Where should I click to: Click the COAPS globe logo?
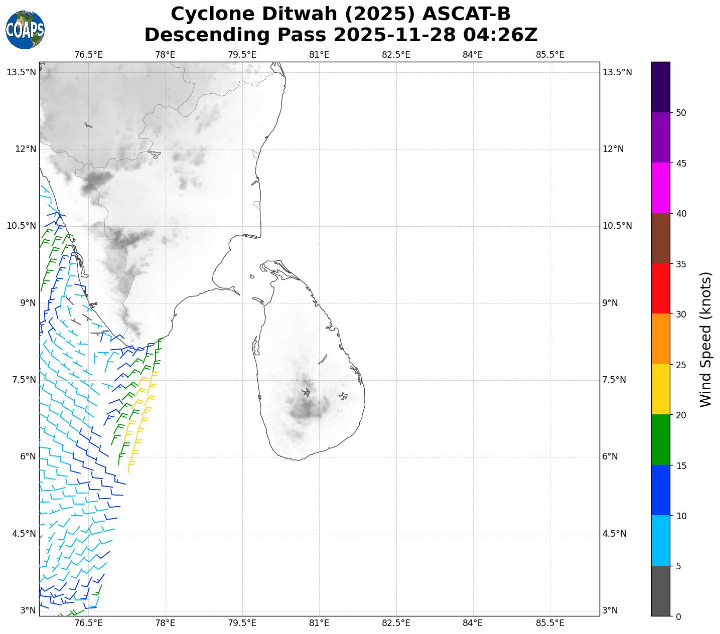(x=25, y=30)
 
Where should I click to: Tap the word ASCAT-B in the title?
(x=466, y=14)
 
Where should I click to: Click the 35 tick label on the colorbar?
(x=681, y=264)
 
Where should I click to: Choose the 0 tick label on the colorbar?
(x=678, y=616)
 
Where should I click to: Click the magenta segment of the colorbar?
(x=660, y=188)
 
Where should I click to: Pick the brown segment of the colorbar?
(x=660, y=238)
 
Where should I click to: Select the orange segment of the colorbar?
(x=660, y=339)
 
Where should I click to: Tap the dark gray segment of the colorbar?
(x=660, y=591)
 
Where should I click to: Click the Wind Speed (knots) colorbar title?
(x=705, y=339)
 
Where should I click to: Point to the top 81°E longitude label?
(x=319, y=55)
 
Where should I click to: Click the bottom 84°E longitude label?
(x=473, y=623)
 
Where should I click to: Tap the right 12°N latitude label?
(x=613, y=149)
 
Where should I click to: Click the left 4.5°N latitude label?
(x=22, y=534)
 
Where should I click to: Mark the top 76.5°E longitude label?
(x=88, y=55)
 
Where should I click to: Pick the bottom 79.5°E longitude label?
(x=242, y=623)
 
